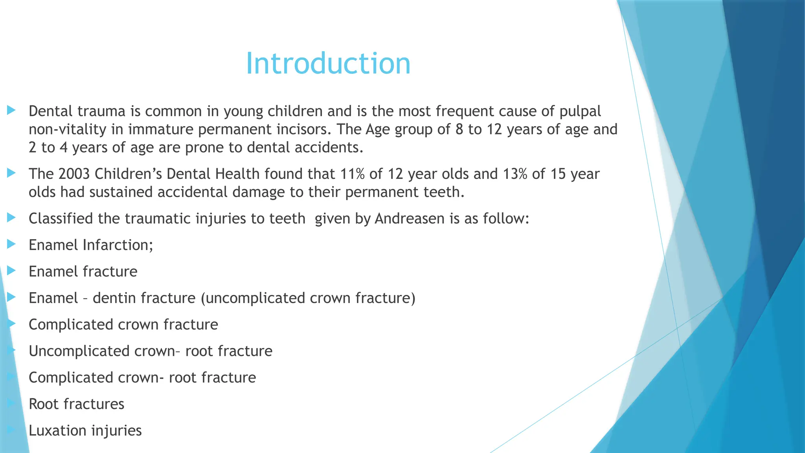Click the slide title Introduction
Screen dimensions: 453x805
coord(328,63)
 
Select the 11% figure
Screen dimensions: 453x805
coord(353,174)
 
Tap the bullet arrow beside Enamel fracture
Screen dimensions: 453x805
coord(11,271)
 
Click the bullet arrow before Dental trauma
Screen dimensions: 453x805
coord(11,110)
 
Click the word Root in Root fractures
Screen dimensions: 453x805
coord(43,404)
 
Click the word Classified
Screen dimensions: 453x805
coord(61,219)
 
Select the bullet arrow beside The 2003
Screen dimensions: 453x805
coord(11,173)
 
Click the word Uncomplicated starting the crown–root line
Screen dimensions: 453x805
coord(79,351)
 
